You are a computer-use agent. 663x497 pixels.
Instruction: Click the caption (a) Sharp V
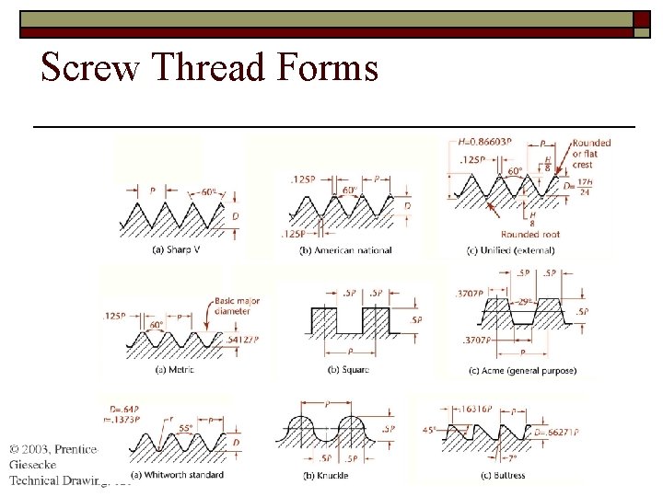[175, 249]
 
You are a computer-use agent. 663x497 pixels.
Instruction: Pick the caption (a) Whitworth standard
[177, 475]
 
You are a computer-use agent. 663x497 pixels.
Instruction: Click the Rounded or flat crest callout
[590, 155]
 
